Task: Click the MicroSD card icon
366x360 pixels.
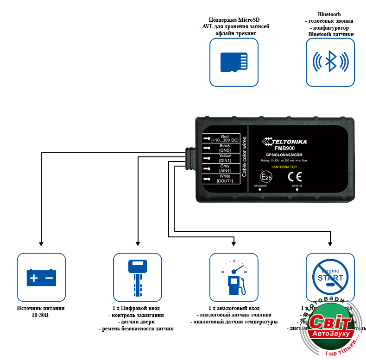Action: [234, 62]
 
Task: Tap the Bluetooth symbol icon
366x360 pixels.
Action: [330, 62]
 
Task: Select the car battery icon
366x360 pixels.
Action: [41, 277]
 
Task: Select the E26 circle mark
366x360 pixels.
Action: [266, 177]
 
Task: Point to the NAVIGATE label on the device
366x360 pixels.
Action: [260, 186]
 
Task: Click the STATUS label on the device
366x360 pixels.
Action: [297, 186]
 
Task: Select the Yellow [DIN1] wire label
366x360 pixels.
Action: [225, 159]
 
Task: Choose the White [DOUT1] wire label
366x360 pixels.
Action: [225, 179]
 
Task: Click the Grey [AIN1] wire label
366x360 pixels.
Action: [225, 168]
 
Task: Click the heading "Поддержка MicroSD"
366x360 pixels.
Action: [234, 19]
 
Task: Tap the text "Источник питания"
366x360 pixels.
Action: [41, 308]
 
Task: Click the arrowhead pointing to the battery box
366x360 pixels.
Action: [41, 243]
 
